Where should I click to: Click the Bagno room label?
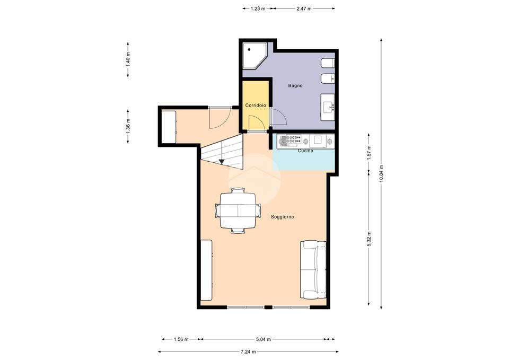point(295,86)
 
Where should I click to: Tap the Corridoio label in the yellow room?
point(256,106)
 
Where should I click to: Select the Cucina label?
point(305,151)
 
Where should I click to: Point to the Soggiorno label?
point(283,217)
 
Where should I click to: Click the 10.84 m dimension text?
point(381,174)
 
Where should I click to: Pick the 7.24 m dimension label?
point(248,352)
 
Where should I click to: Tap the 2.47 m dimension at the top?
point(304,9)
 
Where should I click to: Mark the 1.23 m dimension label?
point(258,9)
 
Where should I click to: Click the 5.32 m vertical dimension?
point(369,239)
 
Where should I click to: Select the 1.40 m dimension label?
point(128,60)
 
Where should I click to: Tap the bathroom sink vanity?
point(328,107)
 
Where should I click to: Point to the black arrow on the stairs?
point(222,161)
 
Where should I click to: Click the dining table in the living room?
point(238,210)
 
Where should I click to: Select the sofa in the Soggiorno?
point(313,270)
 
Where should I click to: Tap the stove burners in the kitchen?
point(291,139)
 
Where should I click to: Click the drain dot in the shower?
point(249,50)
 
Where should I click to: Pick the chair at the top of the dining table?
point(238,190)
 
